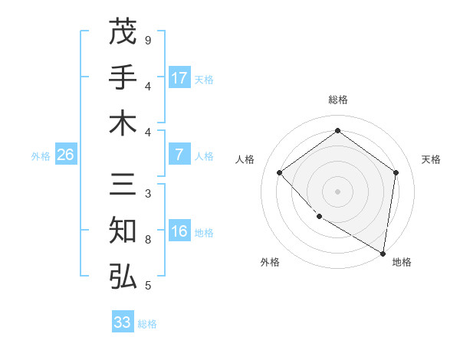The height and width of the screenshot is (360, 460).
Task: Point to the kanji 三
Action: click(123, 185)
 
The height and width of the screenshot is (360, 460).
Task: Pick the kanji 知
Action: click(123, 231)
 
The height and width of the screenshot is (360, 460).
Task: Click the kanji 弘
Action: click(123, 277)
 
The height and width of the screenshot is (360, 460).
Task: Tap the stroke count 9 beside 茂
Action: click(148, 40)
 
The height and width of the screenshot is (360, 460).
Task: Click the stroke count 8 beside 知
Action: click(148, 240)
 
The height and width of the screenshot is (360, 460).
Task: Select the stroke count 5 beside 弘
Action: click(148, 286)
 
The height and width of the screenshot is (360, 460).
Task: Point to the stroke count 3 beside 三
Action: click(148, 194)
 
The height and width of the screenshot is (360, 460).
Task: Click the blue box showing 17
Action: click(179, 78)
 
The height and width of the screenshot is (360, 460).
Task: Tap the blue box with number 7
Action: click(179, 155)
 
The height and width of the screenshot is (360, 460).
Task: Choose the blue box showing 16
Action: click(179, 231)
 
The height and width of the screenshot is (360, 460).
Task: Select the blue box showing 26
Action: click(66, 155)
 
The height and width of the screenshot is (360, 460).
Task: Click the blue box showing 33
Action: click(123, 322)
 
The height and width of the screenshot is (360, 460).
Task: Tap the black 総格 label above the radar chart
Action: click(337, 100)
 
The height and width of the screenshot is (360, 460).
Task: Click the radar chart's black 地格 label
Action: click(402, 262)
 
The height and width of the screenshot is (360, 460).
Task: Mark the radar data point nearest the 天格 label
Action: click(396, 172)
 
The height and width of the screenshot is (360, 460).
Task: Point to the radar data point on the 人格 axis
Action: click(280, 172)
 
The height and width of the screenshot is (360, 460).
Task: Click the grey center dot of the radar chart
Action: click(337, 191)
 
